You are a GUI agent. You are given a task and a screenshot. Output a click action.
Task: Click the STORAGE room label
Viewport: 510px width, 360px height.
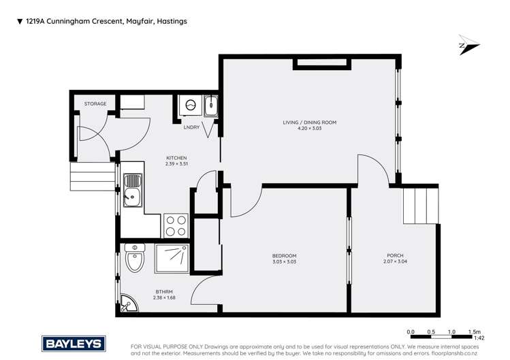tap(95, 104)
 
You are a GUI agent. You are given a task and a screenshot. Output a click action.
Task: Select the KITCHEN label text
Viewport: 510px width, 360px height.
tap(176, 158)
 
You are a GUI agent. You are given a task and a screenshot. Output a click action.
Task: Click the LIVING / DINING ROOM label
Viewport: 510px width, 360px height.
tap(310, 122)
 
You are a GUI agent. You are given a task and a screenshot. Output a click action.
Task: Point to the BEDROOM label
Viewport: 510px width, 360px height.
tap(284, 256)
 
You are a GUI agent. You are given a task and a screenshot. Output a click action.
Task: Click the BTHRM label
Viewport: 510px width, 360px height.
tap(162, 291)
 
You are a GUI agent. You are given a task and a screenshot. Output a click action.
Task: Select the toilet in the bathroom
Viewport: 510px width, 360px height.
tap(135, 259)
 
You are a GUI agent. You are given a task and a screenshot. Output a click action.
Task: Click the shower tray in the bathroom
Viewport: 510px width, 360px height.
tap(176, 259)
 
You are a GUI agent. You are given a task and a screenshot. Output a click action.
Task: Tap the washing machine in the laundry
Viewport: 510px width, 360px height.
tap(191, 106)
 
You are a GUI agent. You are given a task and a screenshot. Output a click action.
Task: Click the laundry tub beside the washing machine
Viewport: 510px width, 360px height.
tap(210, 106)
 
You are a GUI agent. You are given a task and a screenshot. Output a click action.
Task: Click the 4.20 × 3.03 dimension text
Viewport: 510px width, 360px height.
tap(310, 129)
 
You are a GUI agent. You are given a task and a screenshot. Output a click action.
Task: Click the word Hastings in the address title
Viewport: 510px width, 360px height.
tap(172, 21)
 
